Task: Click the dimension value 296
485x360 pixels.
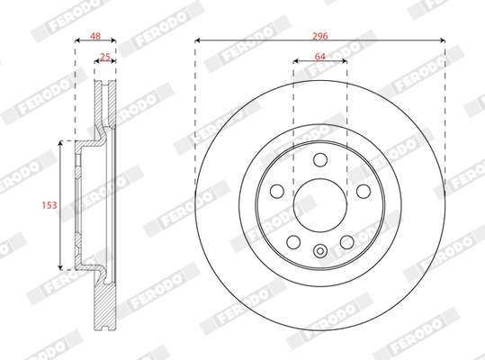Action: (x=319, y=36)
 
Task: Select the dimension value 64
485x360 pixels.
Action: (x=319, y=57)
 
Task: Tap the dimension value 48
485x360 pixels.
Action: (x=95, y=36)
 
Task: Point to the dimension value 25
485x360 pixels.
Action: (x=105, y=57)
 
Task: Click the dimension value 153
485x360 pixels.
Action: (x=49, y=205)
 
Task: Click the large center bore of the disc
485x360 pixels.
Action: (x=320, y=205)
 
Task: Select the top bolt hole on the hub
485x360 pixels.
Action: (x=320, y=160)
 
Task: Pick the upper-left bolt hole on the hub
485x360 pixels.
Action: (x=277, y=191)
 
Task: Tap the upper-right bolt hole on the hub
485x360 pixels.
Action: (x=364, y=191)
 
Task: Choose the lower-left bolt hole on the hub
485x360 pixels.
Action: (x=293, y=242)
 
